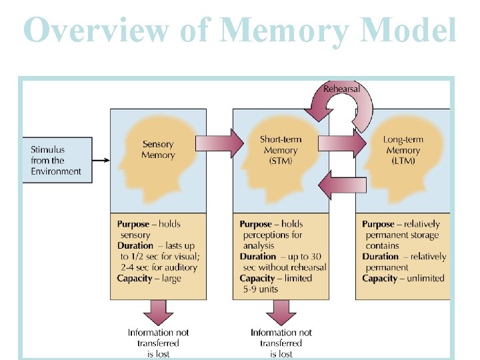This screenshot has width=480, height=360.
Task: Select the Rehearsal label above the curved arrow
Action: point(341,89)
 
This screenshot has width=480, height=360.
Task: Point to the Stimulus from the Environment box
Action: point(56,161)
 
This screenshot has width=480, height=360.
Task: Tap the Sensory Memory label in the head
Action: point(158,149)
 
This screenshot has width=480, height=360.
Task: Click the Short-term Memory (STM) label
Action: point(281,150)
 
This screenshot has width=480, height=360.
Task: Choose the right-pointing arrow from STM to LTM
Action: point(342,143)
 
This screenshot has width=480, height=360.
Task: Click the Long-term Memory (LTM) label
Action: point(403,150)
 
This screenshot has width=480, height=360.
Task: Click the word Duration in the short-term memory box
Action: point(258,256)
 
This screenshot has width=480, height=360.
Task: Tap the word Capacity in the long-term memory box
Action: point(380,278)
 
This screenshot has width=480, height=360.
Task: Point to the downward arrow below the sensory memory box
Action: point(158,311)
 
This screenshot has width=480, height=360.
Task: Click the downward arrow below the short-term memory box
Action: point(281,311)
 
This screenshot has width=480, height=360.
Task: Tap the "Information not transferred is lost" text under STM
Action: point(281,343)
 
